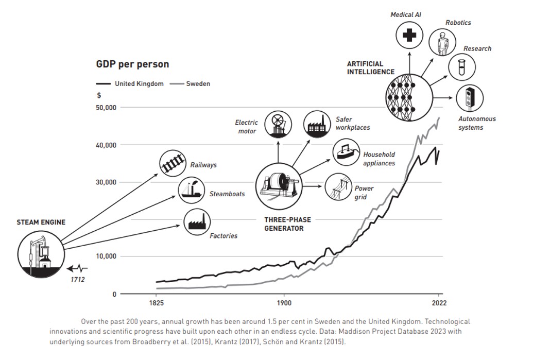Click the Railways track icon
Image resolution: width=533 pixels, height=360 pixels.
click(x=173, y=163)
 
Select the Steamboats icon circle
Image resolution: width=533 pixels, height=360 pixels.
click(x=192, y=191)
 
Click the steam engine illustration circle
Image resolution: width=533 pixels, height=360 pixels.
click(x=41, y=253)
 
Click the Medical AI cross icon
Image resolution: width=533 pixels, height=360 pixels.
click(x=409, y=36)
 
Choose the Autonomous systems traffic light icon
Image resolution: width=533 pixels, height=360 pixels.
click(x=469, y=98)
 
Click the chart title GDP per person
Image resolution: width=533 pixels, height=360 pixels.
click(x=132, y=64)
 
